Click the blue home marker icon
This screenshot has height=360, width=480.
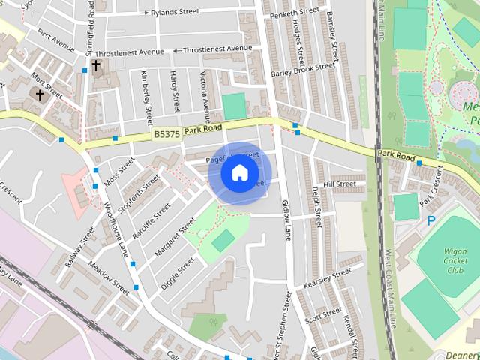(239, 173)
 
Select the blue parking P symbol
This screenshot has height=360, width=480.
(430, 220)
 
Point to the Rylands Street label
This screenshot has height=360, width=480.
(174, 12)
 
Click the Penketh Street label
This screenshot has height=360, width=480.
(295, 13)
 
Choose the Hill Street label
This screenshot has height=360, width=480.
(339, 184)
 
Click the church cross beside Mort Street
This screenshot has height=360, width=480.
(40, 94)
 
